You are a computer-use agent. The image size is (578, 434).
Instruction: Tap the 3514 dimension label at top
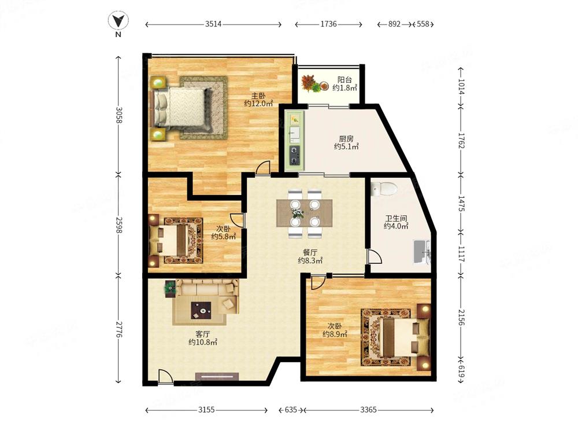tap(213, 24)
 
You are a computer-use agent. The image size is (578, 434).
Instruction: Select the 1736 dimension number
tap(328, 24)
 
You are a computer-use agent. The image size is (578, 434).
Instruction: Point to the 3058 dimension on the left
tap(118, 115)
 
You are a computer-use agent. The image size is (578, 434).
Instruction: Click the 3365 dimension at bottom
tap(368, 410)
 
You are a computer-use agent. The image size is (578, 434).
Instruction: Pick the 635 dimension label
tap(291, 410)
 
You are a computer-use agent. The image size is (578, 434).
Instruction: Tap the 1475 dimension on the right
tap(461, 203)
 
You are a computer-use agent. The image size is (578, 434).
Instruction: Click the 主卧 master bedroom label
tap(258, 96)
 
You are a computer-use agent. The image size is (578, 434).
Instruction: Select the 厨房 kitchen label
tap(346, 139)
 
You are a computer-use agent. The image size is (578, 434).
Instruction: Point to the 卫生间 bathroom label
tap(396, 219)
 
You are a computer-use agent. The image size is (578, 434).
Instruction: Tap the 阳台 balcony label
tap(344, 80)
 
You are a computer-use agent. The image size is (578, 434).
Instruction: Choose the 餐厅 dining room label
tap(310, 253)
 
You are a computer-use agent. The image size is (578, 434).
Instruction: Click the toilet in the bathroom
tap(384, 189)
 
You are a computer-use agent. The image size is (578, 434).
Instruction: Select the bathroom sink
tap(422, 252)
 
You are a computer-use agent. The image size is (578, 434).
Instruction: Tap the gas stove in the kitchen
tap(295, 155)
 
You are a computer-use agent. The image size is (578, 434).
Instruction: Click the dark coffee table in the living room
tap(201, 310)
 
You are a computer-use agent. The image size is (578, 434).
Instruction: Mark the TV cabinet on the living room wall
tap(217, 377)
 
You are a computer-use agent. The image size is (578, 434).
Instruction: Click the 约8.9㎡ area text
tap(335, 334)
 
